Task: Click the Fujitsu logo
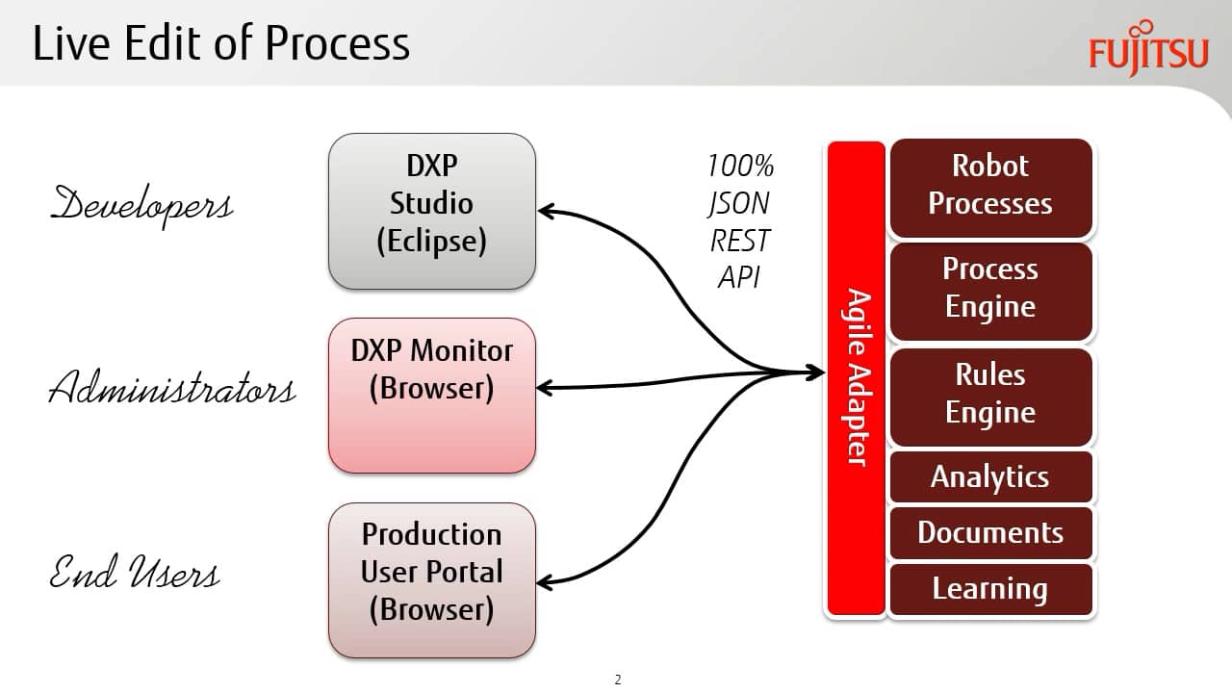tap(1148, 48)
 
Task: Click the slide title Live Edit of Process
tap(221, 43)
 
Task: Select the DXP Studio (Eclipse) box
tap(432, 211)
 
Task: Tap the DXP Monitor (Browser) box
tap(432, 396)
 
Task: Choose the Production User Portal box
tap(432, 580)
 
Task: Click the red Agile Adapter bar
tap(856, 378)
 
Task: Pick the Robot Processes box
tap(990, 188)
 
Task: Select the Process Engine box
tap(990, 292)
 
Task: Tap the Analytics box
tap(990, 476)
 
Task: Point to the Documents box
tap(990, 533)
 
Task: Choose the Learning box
tap(990, 589)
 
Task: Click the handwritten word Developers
tap(141, 206)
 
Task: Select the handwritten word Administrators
tap(172, 387)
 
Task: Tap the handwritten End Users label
tap(135, 572)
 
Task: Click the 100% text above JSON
tap(741, 166)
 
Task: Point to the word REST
tap(740, 241)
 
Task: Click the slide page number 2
tap(618, 680)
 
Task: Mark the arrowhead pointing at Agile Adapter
tap(816, 372)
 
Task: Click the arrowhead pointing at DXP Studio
tap(547, 211)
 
